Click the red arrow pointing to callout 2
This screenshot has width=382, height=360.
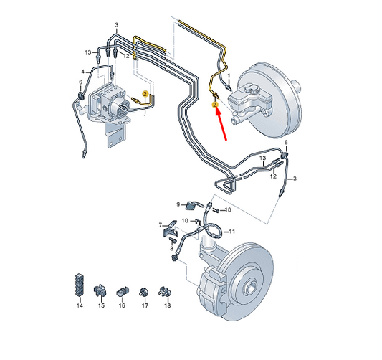point(221,125)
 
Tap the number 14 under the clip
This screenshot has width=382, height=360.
point(80,305)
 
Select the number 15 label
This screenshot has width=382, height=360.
point(101,305)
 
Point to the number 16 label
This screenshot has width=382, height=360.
point(122,305)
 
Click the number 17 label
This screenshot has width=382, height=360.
point(145,305)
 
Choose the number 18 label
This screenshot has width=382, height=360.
point(168,305)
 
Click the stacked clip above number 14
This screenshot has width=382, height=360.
point(79,285)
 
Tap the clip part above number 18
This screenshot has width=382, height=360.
point(165,291)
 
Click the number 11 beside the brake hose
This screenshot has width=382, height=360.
point(231,232)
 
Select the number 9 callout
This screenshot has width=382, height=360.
point(178,204)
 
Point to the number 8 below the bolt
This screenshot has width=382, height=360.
point(172,249)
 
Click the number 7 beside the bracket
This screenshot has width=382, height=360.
point(161,225)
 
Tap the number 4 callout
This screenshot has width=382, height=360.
point(83,72)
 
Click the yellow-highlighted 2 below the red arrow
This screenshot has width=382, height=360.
point(214,105)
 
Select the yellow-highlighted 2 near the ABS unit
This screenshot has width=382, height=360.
point(145,94)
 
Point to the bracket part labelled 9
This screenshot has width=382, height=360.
point(193,205)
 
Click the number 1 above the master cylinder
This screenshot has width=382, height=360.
point(229,76)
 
